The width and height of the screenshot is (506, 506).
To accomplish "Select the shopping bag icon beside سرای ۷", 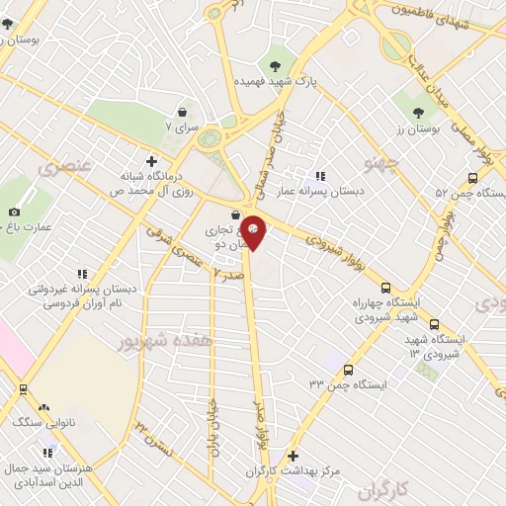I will point(182,113).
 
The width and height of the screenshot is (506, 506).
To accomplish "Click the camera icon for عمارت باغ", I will point(14,211).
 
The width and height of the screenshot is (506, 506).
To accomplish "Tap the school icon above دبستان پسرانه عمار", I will point(319,175).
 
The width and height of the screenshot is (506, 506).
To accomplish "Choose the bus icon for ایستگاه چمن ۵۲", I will point(472,179).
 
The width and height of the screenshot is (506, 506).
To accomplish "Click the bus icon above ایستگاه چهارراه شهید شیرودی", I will point(385,282).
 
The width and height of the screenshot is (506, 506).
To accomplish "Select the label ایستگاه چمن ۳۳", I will point(348,383).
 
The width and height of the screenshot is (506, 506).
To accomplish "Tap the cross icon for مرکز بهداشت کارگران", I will point(292,457).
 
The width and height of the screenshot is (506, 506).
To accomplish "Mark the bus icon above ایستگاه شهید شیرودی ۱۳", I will point(435,323).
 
